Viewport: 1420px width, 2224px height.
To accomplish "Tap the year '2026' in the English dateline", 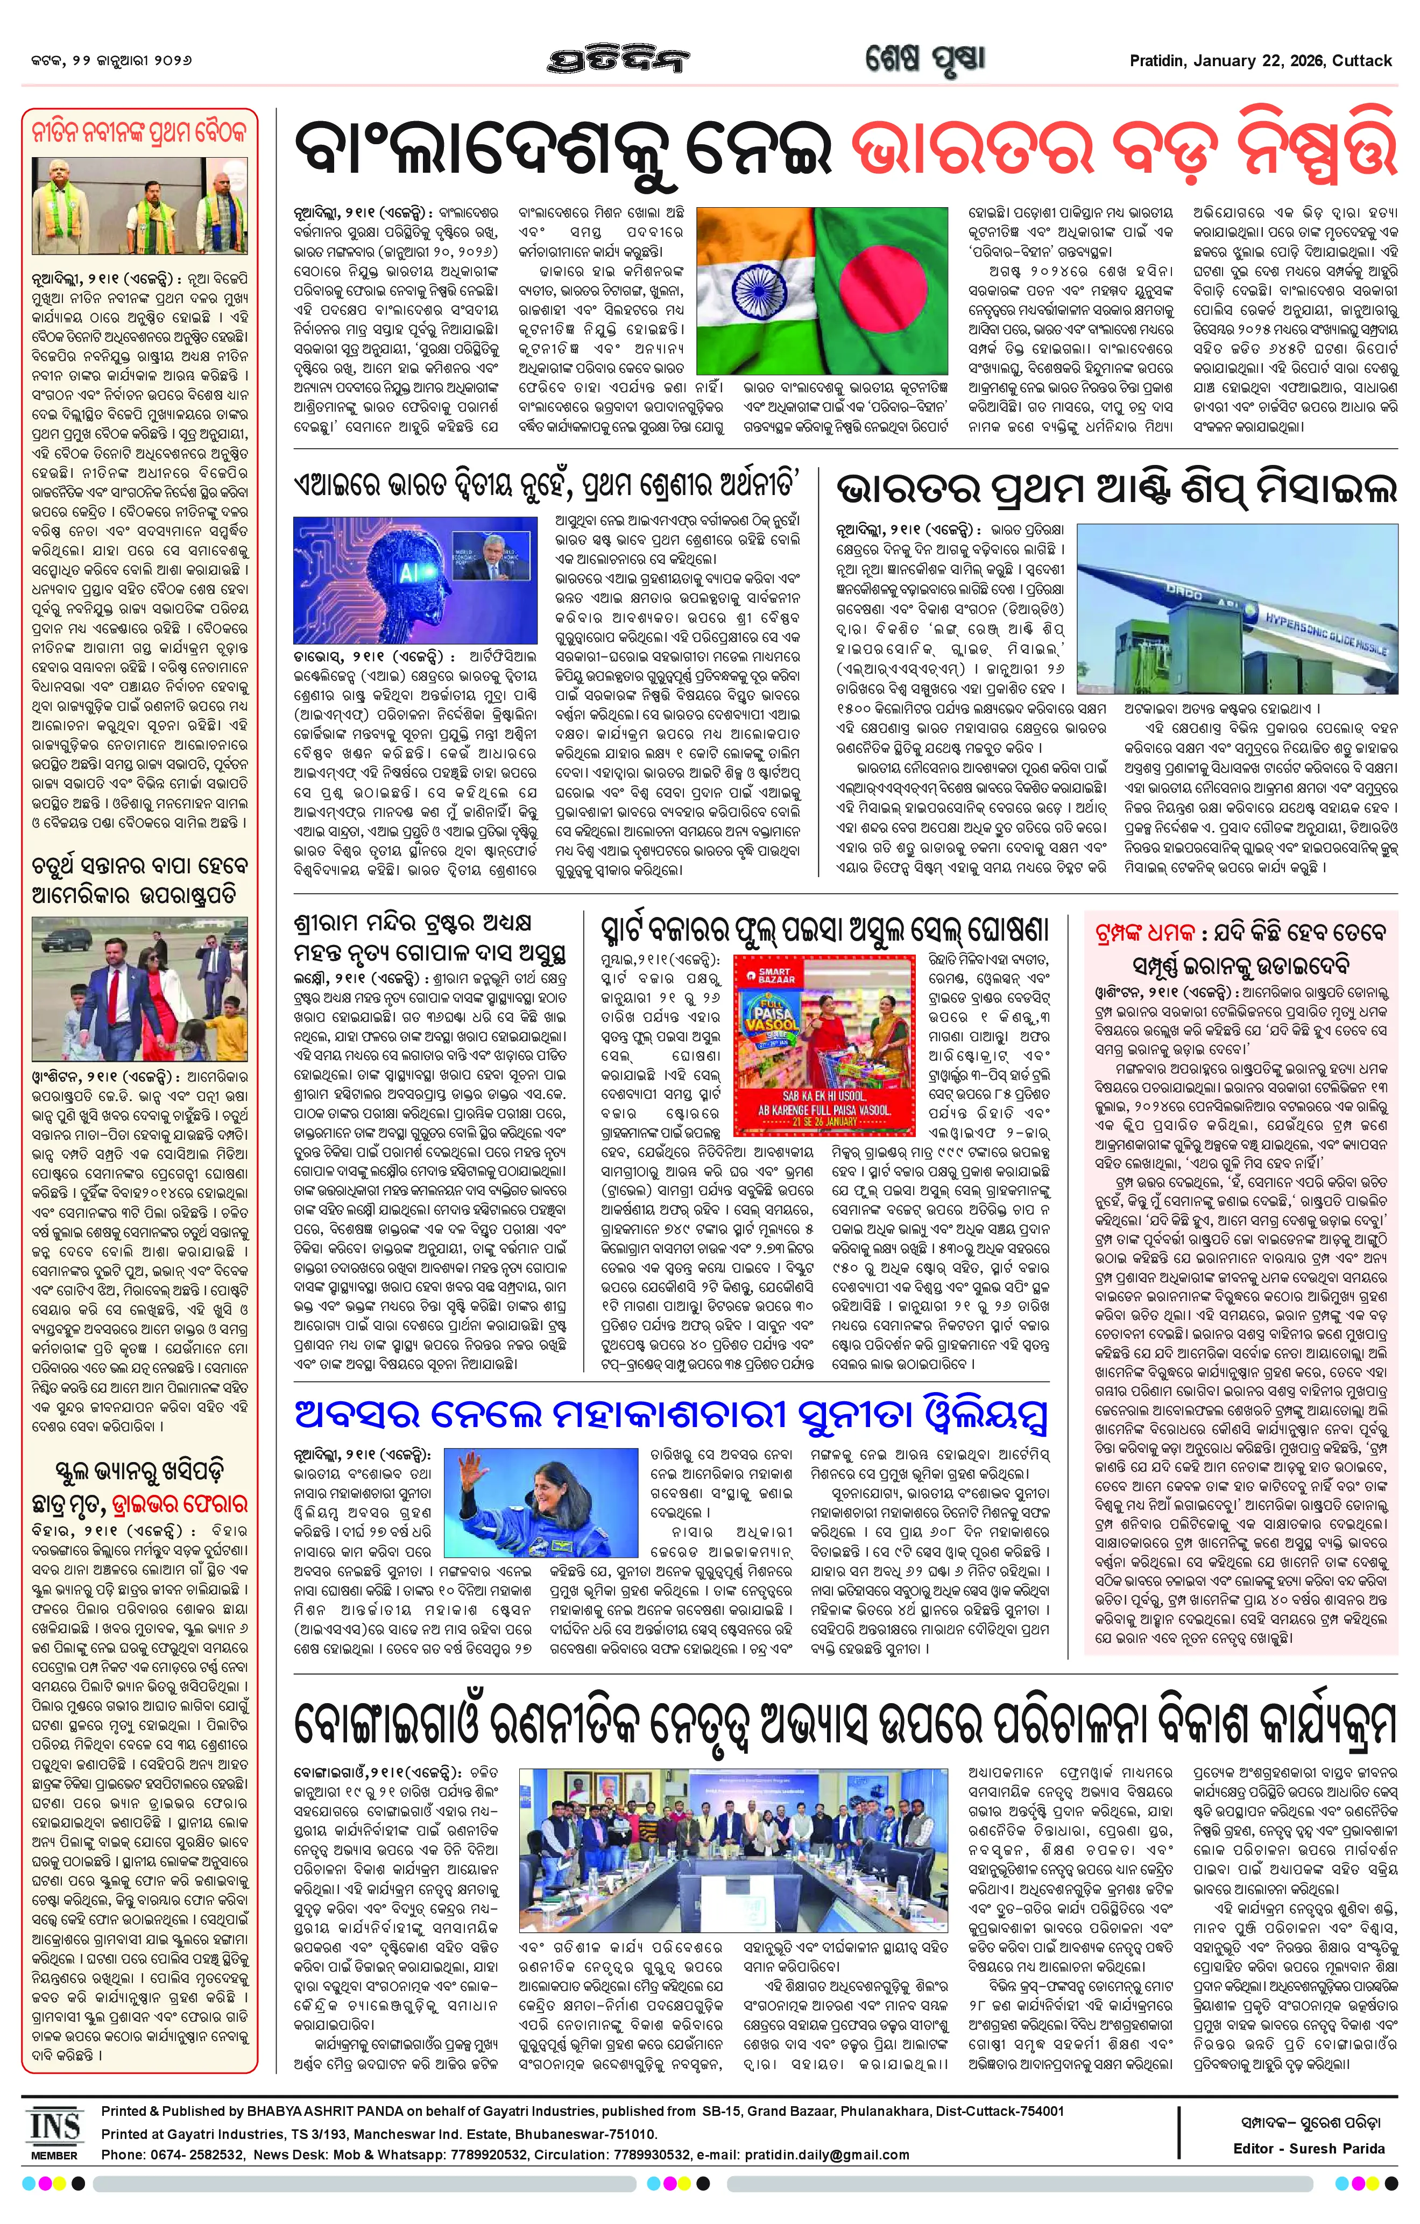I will (1303, 61).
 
